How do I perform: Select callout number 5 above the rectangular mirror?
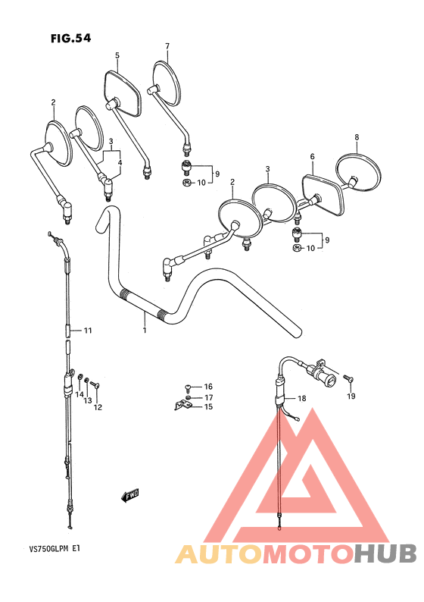click(x=117, y=55)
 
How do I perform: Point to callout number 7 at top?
click(x=167, y=45)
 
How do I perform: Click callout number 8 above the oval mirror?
click(x=356, y=137)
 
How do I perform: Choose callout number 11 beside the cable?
click(x=88, y=331)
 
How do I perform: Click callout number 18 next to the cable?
click(x=301, y=399)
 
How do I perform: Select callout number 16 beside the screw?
click(x=208, y=387)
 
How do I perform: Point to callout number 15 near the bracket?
click(x=208, y=407)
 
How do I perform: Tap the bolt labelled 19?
click(x=348, y=376)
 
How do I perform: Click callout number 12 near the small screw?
click(x=98, y=408)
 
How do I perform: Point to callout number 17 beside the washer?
click(x=208, y=397)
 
